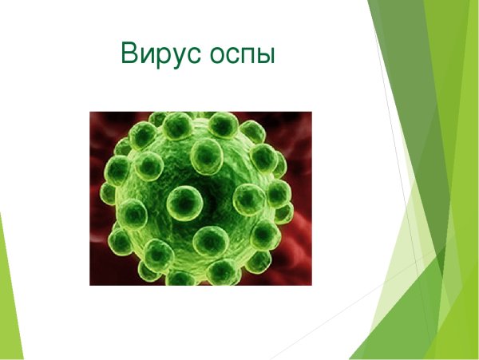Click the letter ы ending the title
267,56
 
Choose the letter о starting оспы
216,56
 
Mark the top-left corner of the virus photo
90,113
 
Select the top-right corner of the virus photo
311,113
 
